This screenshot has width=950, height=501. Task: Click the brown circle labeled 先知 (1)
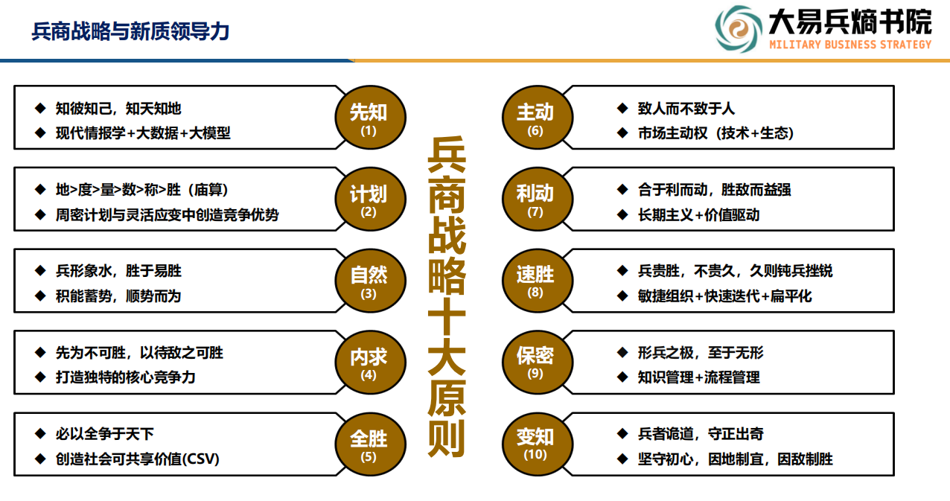[370, 118]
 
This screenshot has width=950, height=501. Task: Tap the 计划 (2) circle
[370, 199]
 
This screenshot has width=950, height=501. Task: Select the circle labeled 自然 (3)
[370, 281]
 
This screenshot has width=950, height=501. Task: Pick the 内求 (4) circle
[370, 363]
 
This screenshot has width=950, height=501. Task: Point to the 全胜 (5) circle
[370, 444]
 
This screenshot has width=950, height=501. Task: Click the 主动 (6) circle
[538, 118]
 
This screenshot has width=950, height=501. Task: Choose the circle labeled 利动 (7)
[538, 199]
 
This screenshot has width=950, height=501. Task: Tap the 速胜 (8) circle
[538, 281]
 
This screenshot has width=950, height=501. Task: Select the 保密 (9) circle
[538, 363]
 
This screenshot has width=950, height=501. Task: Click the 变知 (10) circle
[538, 444]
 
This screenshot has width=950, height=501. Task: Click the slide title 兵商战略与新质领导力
[130, 31]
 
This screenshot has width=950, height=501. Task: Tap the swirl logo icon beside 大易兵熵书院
[739, 29]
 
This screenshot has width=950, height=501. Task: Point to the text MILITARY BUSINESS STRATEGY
[850, 45]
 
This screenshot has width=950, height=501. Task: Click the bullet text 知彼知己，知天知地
[118, 109]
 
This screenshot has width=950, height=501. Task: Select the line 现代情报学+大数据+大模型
[143, 133]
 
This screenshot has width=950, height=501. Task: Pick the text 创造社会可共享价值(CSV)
[138, 459]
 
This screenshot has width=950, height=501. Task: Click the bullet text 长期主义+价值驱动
[698, 215]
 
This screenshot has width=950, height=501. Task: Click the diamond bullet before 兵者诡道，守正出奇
[622, 433]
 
